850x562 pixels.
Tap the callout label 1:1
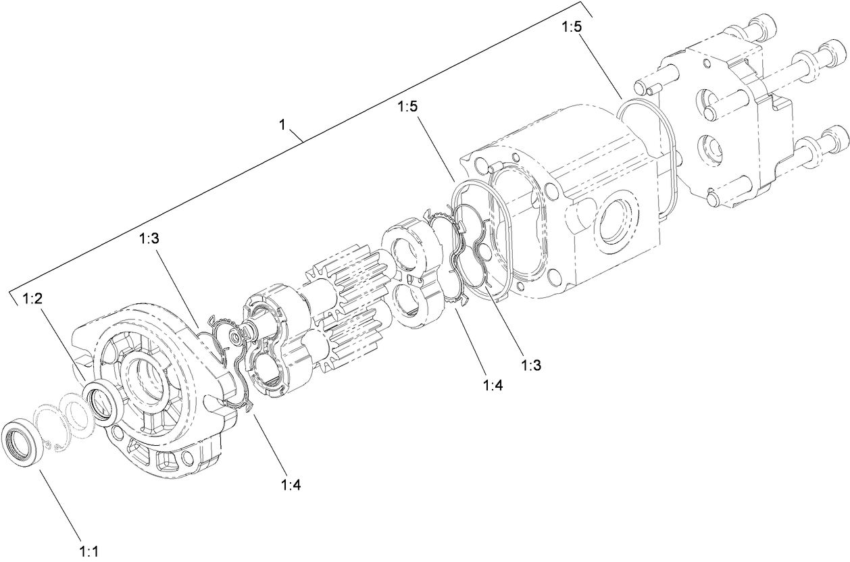pyautogui.click(x=89, y=552)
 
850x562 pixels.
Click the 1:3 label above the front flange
pyautogui.click(x=149, y=238)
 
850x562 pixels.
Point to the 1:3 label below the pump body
pyautogui.click(x=531, y=365)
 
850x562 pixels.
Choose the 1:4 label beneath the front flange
pyautogui.click(x=291, y=484)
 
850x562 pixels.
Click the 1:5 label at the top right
pyautogui.click(x=570, y=28)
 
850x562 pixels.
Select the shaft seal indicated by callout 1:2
pyautogui.click(x=105, y=399)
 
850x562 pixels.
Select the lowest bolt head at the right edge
pyautogui.click(x=835, y=140)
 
